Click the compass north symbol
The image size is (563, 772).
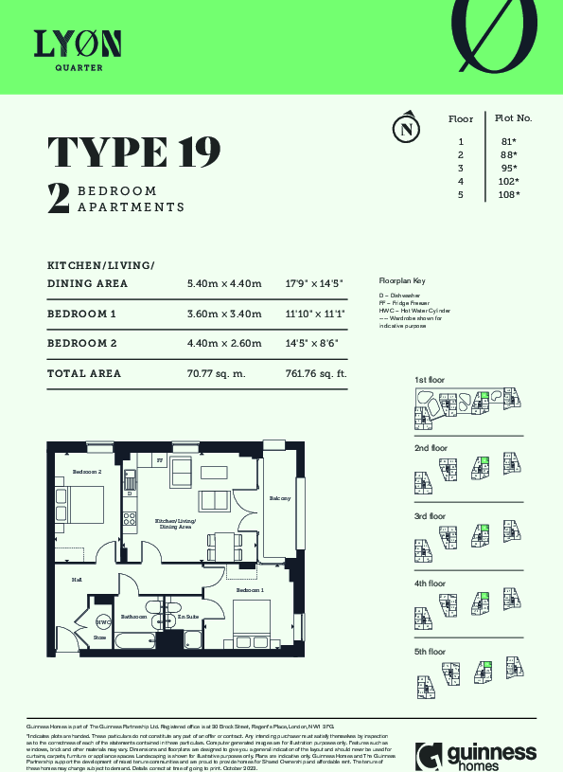click(407, 128)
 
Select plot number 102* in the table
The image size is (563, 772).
click(509, 181)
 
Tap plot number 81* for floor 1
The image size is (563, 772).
click(509, 141)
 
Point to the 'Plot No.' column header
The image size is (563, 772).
click(513, 118)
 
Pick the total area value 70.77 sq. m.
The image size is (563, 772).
click(216, 373)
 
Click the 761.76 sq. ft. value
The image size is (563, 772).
click(316, 373)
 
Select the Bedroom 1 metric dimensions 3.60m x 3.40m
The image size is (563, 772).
click(219, 314)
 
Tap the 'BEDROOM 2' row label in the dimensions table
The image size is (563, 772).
click(82, 344)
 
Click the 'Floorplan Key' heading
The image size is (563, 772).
click(402, 281)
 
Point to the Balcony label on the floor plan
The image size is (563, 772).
click(279, 498)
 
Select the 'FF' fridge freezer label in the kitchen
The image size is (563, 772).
click(160, 460)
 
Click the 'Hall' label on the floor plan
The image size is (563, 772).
click(77, 580)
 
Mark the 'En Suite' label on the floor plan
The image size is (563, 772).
click(188, 617)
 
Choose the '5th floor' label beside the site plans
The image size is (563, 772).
click(430, 652)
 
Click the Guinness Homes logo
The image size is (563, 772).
click(477, 753)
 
